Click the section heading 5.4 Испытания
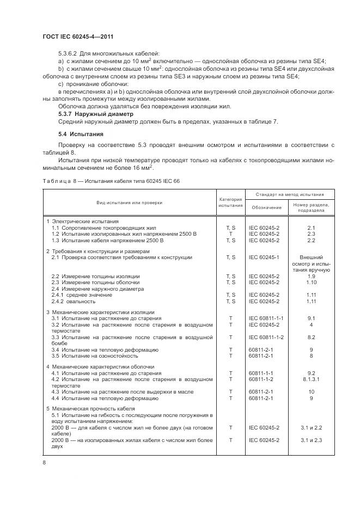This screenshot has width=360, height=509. coord(81,133)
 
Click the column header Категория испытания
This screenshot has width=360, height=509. coord(230,203)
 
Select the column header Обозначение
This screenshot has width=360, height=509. coord(266,207)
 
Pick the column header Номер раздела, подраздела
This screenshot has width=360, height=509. coord(312,207)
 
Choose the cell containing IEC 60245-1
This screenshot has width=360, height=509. coord(264,256)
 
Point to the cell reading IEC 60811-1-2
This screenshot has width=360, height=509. coord(266,338)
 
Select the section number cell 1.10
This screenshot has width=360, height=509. coord(312,282)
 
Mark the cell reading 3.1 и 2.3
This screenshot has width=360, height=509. coord(312,439)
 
